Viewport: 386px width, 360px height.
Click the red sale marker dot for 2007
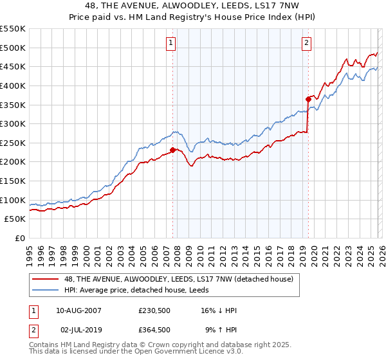[172, 150]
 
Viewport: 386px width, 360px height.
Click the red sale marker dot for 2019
[308, 99]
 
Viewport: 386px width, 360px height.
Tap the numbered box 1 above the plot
[172, 43]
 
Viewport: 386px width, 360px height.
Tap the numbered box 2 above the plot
[306, 43]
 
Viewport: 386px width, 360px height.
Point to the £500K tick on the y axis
[13, 48]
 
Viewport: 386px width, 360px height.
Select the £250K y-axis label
[13, 143]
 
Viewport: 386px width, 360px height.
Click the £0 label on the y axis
[20, 238]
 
